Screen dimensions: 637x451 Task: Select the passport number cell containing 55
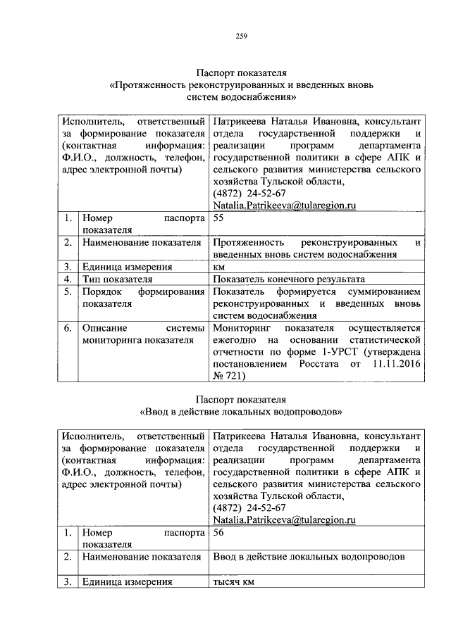(218, 219)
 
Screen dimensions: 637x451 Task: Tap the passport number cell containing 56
(218, 534)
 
